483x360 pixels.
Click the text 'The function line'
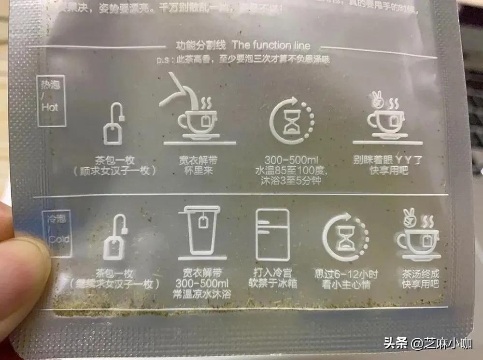(271, 45)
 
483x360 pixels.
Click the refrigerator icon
(272, 234)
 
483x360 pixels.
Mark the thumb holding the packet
(22, 271)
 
